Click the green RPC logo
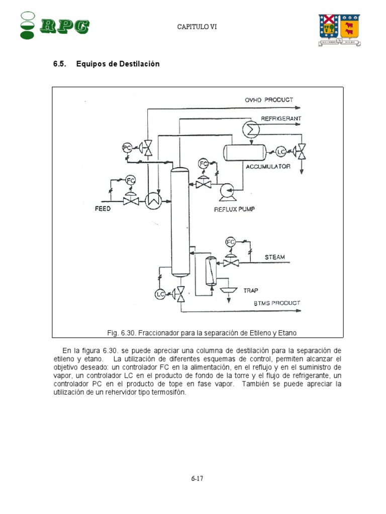point(55,25)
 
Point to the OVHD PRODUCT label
point(269,100)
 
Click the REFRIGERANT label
point(281,118)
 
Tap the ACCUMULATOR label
point(268,166)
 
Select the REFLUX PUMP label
point(234,209)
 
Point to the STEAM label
point(275,257)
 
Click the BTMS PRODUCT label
point(276,303)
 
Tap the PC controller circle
point(128,148)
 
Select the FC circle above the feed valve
point(131,180)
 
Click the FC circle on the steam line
point(231,242)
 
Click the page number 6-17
point(197,478)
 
